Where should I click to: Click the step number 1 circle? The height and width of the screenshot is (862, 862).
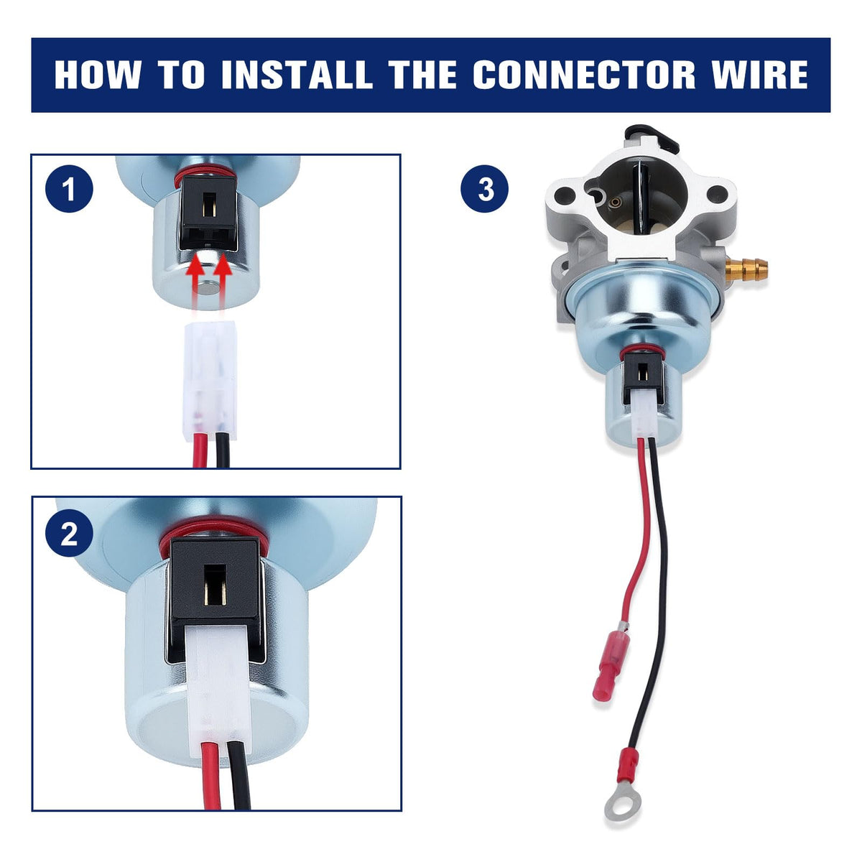coord(70,188)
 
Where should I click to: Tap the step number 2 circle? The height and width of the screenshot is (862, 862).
coord(70,533)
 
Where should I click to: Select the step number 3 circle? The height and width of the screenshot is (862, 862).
coord(485,188)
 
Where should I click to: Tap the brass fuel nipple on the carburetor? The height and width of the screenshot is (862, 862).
coord(746,269)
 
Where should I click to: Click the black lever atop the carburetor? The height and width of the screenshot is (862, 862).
coord(652,138)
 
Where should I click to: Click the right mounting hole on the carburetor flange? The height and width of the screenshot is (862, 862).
coord(716,193)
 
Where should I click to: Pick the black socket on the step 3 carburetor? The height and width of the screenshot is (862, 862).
coord(643,375)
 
